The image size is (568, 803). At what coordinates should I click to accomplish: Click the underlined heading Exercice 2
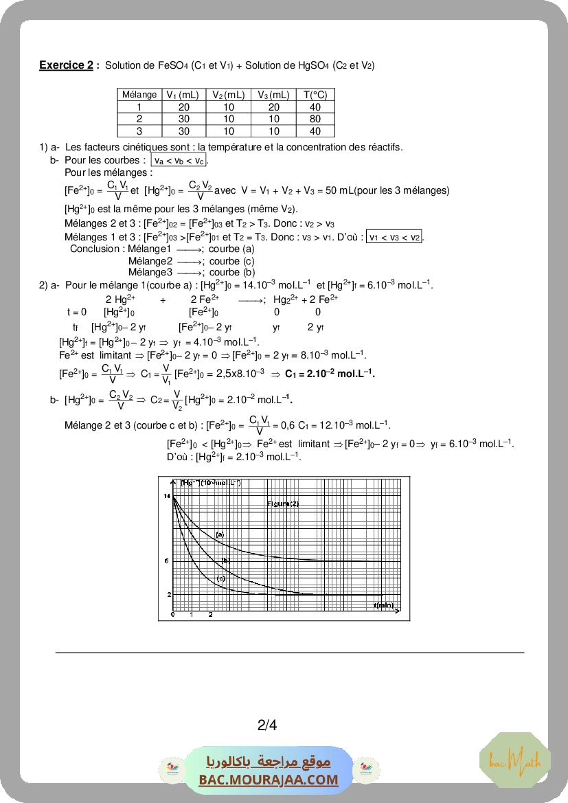pos(66,65)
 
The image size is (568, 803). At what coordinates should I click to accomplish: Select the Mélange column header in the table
pos(139,95)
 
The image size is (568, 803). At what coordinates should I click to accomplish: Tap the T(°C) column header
pos(315,95)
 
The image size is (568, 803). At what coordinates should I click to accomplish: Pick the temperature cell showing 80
pos(315,119)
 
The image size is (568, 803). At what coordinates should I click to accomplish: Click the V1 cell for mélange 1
pos(183,107)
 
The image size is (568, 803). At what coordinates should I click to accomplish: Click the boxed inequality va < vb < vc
pos(179,161)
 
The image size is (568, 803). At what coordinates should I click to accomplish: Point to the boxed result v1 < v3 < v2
pos(394,237)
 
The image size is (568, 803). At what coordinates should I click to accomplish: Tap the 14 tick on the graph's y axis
pos(167,495)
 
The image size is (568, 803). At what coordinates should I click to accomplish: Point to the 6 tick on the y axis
pos(167,561)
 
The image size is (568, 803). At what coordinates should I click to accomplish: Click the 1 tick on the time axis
pos(192,613)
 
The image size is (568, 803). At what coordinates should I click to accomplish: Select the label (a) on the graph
pos(220,534)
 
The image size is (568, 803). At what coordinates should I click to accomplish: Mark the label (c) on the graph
pos(221,578)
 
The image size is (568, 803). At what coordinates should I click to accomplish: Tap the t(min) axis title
pos(384,605)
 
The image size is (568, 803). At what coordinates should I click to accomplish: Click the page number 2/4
pos(267,725)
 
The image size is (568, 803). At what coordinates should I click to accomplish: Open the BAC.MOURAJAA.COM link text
pos(269,780)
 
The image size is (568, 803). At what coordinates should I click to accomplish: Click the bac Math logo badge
pos(514,760)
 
